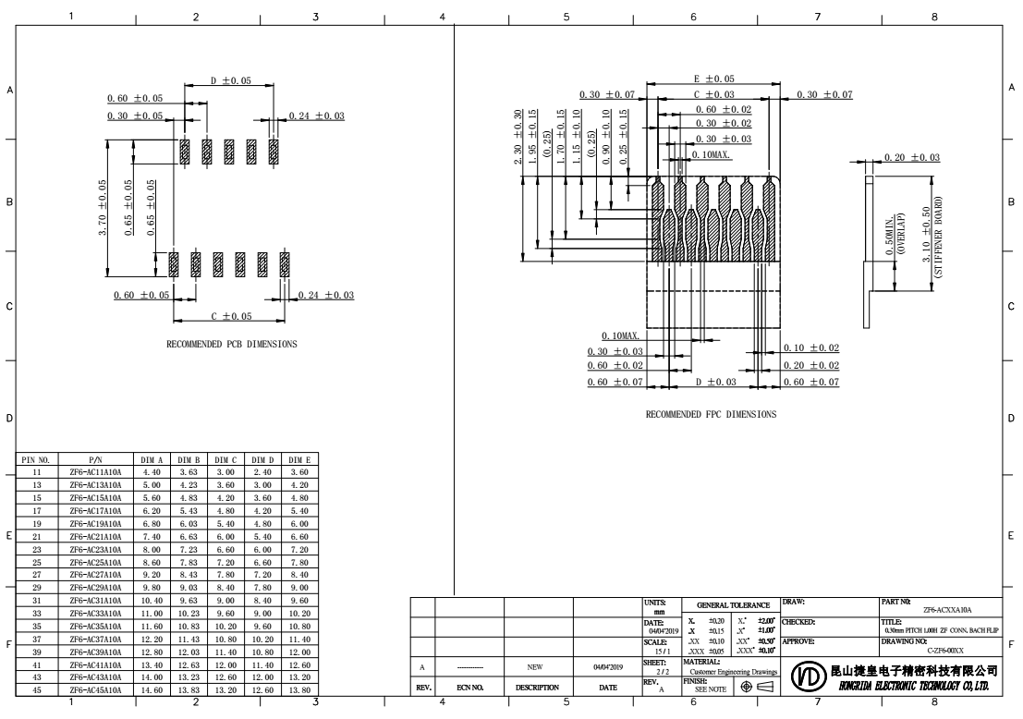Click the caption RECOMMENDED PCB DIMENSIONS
232,343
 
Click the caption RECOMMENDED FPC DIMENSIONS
711,414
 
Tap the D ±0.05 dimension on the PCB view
229,81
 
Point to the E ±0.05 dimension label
714,80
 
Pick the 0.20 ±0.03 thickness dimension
912,158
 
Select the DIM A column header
152,458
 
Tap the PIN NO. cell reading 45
37,689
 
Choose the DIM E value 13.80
298,689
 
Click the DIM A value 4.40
152,471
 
